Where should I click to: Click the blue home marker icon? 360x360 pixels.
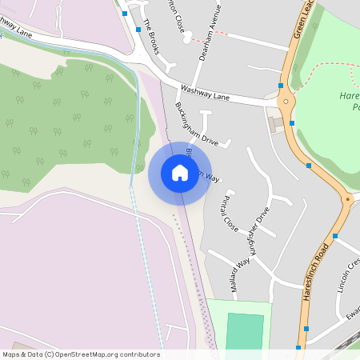pos(179,172)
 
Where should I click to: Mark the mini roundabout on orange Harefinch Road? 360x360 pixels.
pos(347,199)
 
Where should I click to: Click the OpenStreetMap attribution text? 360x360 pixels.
pos(81,354)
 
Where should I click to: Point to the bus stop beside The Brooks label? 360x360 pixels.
pos(138,28)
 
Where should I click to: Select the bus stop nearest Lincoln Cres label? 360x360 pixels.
pos(335,236)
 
